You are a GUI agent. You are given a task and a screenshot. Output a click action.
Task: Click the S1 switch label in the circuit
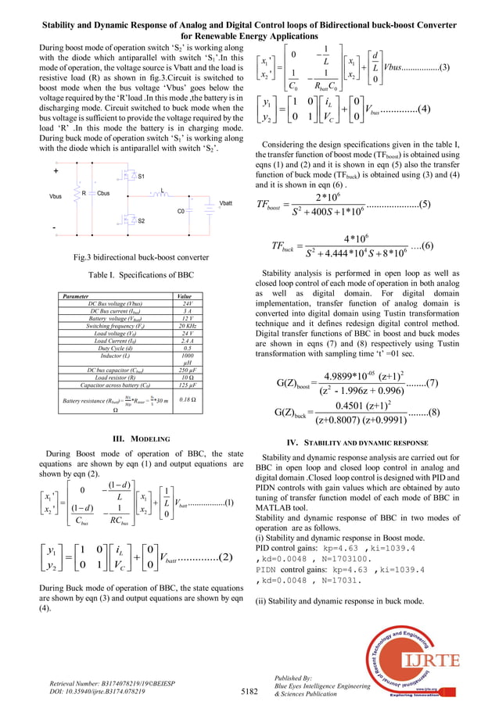(141, 177)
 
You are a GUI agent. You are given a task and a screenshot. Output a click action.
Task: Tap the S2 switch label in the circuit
(141, 221)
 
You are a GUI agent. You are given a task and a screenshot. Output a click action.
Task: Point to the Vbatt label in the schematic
(225, 203)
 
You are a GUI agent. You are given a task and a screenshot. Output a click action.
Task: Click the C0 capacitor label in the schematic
(181, 211)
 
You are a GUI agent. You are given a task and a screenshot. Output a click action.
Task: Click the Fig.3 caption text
(130, 257)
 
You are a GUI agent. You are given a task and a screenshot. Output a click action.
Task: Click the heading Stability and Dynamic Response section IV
(356, 442)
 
